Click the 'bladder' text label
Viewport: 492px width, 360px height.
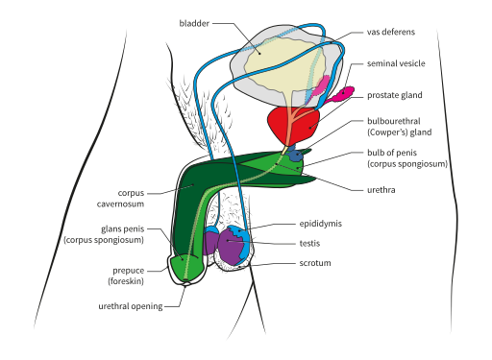click(194, 21)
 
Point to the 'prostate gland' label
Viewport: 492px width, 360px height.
click(394, 96)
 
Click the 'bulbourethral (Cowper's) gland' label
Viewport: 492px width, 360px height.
click(400, 127)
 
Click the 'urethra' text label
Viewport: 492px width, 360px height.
click(381, 190)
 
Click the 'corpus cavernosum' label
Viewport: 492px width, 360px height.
click(132, 198)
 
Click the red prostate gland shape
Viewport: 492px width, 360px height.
click(289, 126)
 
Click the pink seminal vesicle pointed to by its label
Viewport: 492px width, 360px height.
click(342, 95)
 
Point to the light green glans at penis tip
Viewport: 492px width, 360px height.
click(187, 266)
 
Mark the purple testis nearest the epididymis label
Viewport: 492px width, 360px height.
click(232, 245)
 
